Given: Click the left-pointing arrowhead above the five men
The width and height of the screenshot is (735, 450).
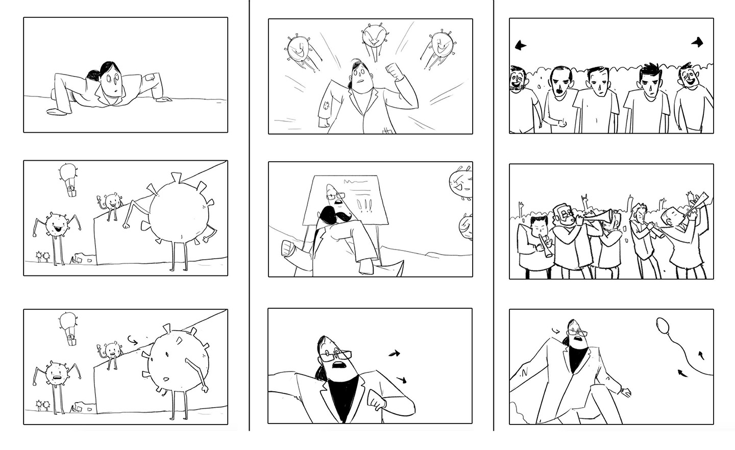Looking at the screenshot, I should [520, 46].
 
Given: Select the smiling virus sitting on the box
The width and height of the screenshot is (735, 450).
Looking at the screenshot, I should [111, 201].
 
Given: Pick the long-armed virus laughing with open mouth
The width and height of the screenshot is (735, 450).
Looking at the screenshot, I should [56, 225].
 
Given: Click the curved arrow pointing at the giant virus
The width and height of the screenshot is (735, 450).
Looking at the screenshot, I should [132, 338].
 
